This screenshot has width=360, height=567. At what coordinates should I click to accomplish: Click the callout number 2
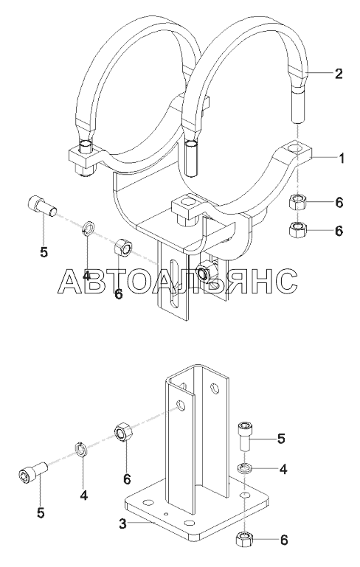point(339,74)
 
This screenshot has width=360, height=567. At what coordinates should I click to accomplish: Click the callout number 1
point(341,159)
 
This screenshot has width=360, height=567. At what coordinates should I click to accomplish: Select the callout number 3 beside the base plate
point(123,523)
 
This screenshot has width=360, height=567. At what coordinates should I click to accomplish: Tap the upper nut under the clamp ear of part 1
point(297,201)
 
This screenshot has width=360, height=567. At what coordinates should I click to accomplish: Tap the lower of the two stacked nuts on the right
point(298,230)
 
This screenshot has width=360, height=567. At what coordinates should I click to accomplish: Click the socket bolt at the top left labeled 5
point(42,206)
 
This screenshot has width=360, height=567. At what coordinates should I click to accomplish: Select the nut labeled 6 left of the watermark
point(122,248)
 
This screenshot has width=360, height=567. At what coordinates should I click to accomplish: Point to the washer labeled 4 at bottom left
point(81,450)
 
